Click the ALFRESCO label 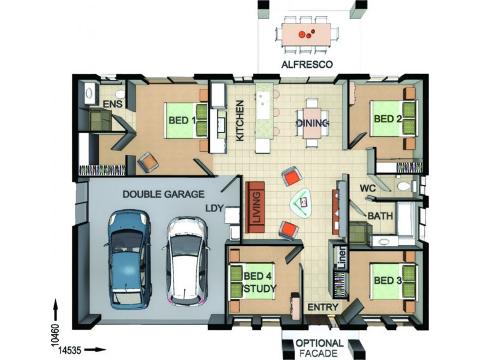pos(307,65)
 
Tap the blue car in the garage pos(128,259)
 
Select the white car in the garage pos(187,261)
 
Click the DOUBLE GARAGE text pos(163,194)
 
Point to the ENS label pos(112,104)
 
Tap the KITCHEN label pos(239,121)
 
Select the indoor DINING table pos(312,123)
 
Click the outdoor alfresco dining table pos(307,34)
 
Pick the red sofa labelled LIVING pos(255,207)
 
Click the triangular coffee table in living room pos(302,203)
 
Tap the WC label pos(368,188)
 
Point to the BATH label pos(380,216)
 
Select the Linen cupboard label pos(341,257)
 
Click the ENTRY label pos(323,307)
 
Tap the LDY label pos(214,208)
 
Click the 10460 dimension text pos(55,335)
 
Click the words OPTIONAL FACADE pos(320,348)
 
